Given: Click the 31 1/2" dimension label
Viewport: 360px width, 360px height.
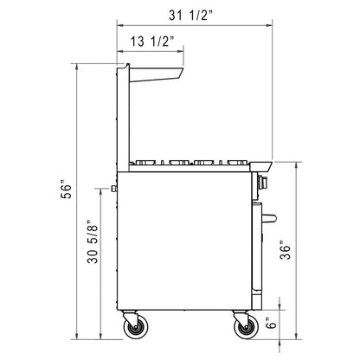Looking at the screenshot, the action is click(190, 16).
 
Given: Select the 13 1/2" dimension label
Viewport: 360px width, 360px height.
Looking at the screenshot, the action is click(152, 42).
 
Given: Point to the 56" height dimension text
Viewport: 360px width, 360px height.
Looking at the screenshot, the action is click(66, 190).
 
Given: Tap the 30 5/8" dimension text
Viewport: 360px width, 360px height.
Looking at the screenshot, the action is click(93, 241).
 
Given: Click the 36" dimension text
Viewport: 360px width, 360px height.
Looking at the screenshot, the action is click(285, 250).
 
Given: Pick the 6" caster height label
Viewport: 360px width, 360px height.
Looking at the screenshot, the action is click(271, 323).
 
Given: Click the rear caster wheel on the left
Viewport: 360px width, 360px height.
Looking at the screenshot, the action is click(136, 327).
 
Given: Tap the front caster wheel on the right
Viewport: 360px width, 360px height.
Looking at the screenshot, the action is click(246, 327).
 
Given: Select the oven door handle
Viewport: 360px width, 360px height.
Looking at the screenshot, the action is click(269, 218).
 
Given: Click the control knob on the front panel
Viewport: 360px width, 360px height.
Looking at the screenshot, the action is click(262, 182).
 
